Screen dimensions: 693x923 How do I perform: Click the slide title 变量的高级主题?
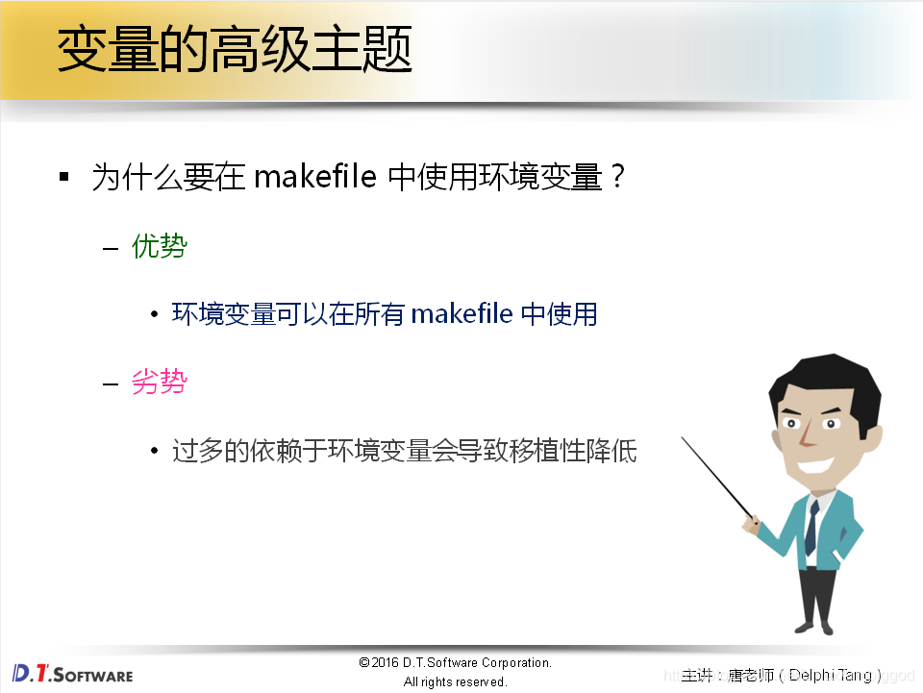tap(235, 50)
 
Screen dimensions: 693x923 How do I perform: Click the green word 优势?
tap(160, 247)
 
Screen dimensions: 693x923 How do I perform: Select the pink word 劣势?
tap(160, 383)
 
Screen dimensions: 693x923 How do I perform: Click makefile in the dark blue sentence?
tap(461, 314)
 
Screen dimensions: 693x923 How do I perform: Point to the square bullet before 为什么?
tap(64, 178)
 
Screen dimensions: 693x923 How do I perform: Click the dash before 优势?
tap(111, 248)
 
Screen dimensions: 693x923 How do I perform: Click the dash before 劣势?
tap(111, 384)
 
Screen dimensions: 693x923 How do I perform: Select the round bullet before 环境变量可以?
tap(155, 315)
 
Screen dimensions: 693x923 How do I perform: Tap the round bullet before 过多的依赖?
tap(155, 452)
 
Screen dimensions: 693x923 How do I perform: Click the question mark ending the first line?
tap(618, 178)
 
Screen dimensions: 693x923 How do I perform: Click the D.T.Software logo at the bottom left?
tap(72, 674)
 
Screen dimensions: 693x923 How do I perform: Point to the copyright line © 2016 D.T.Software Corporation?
tap(455, 662)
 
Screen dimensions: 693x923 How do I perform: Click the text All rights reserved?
tap(455, 681)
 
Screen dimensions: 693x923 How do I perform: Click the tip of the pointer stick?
tap(684, 439)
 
